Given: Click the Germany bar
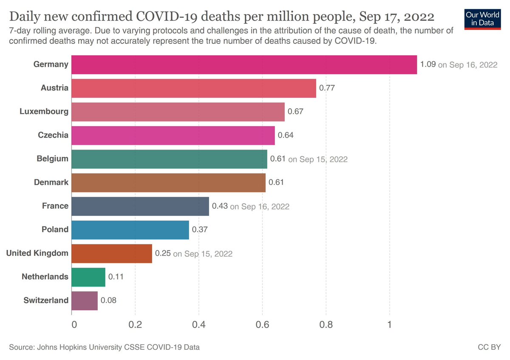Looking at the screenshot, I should [244, 65].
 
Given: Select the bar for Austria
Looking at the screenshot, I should [194, 88].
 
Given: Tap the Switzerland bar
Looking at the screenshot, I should [85, 300].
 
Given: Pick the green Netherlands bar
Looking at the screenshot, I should [88, 277].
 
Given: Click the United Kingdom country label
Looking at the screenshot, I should [37, 253].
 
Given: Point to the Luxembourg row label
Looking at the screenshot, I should [44, 112].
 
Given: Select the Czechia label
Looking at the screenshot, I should [53, 135].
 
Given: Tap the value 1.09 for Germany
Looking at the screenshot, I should [428, 65].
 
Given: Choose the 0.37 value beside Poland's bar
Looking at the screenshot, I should [200, 230].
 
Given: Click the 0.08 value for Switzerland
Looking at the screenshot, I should [108, 300].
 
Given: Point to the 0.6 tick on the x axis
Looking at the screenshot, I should [262, 325].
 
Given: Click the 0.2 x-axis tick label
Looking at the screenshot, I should [135, 325].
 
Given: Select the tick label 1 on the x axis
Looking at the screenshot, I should [389, 325].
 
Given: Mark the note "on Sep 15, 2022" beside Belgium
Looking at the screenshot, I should [318, 159].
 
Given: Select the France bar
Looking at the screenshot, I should [140, 207].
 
